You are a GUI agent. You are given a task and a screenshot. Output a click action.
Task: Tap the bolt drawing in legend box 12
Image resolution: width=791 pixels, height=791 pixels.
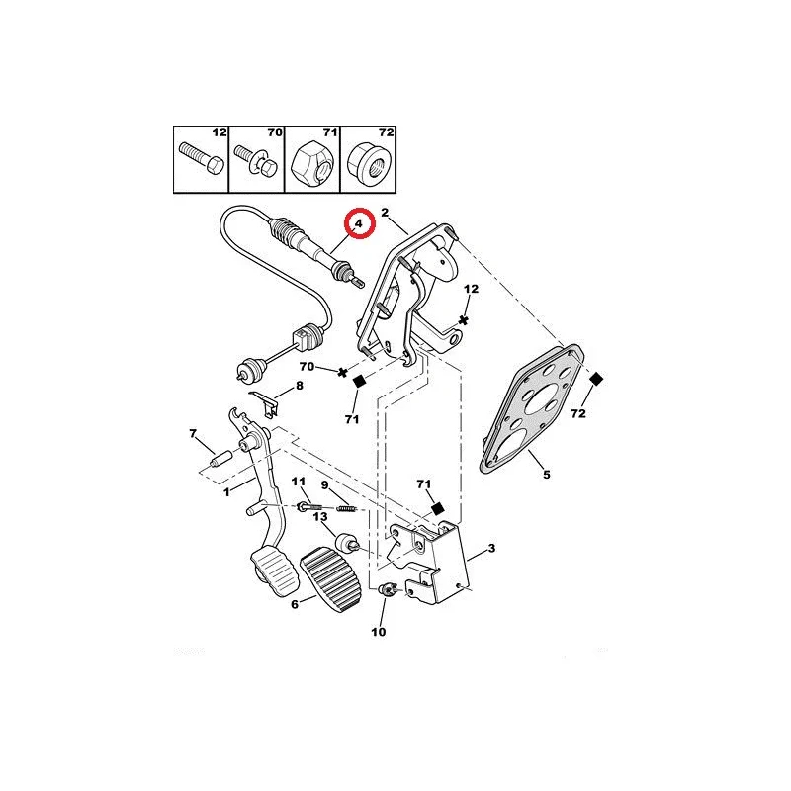202,157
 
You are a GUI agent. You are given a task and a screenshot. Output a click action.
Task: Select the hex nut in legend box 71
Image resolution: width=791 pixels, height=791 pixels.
312,161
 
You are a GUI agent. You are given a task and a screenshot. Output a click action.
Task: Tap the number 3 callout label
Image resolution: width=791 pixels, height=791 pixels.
491,548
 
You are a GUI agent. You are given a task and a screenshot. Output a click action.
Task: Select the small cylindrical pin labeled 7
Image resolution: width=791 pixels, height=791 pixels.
220,460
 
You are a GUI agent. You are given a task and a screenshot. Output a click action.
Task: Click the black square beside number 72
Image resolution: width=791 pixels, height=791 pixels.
596,379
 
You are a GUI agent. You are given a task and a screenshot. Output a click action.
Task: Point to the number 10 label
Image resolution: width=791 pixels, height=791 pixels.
379,632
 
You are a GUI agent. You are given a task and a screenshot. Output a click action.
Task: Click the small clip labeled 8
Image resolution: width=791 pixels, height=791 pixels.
265,403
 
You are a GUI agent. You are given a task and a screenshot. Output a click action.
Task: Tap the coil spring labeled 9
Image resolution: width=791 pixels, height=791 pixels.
347,508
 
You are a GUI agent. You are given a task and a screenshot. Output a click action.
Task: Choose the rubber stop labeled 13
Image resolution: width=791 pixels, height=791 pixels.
347,543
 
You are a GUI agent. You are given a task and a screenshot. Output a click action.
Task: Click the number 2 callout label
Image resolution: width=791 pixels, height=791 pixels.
385,213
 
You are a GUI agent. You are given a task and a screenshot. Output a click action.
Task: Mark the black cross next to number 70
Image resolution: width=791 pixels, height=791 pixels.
342,373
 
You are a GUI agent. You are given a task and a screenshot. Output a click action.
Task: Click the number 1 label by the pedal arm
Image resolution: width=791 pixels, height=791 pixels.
226,491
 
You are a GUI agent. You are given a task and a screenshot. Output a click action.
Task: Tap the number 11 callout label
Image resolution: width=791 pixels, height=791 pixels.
299,482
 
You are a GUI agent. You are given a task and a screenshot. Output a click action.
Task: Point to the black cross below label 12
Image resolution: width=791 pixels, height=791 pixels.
464,320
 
